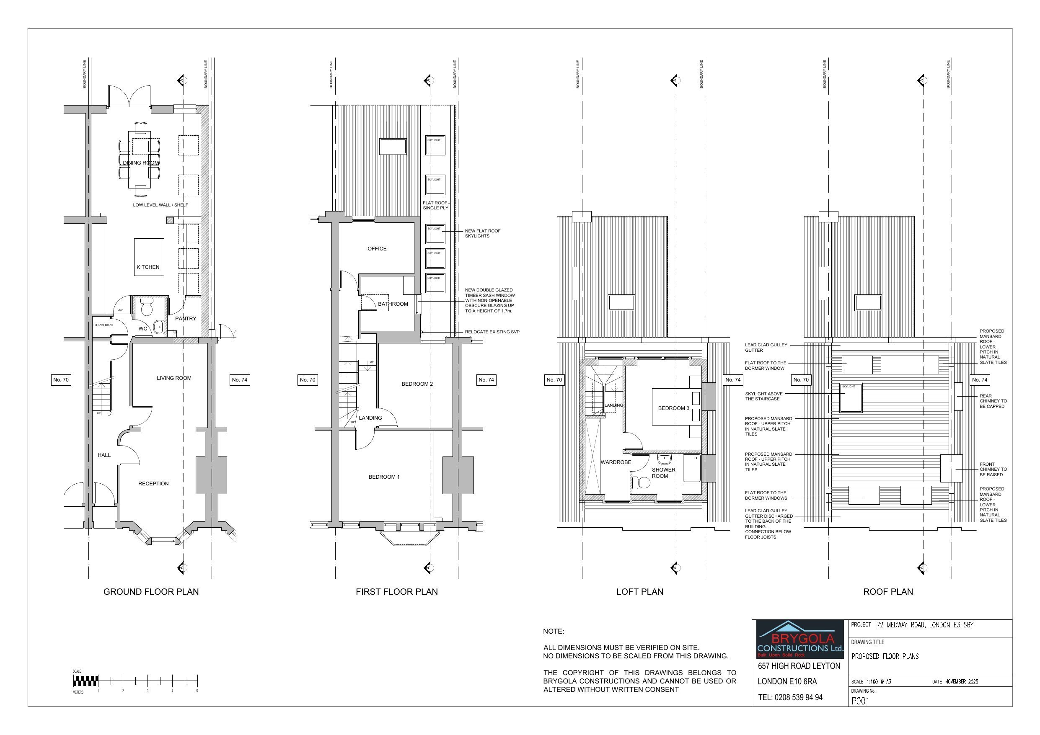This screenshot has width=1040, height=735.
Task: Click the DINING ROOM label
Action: (141, 163)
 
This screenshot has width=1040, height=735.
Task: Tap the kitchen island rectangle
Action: (149, 257)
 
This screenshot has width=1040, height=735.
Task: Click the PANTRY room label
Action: (186, 319)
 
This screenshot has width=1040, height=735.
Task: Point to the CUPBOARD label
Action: (103, 325)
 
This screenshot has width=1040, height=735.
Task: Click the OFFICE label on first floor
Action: (377, 249)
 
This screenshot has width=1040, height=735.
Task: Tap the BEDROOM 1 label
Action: (384, 477)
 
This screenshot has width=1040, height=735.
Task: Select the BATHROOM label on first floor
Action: (393, 304)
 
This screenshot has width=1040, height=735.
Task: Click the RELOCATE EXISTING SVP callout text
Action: (492, 332)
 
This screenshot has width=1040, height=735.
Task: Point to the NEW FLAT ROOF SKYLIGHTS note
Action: (482, 233)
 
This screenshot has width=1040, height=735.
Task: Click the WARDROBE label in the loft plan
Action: (616, 462)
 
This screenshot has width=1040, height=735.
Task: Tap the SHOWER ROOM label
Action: (663, 473)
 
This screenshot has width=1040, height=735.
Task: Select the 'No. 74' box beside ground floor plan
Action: (240, 380)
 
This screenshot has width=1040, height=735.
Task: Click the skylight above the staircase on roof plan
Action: (851, 397)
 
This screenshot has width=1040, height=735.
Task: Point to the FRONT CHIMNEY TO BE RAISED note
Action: (993, 469)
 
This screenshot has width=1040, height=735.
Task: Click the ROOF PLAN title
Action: (888, 591)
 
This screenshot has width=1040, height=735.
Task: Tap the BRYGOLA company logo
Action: (800, 640)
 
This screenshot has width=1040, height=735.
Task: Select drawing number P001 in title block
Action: (861, 701)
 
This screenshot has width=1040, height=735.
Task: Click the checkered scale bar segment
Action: (85, 680)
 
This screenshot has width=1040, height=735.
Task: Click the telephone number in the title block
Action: (790, 697)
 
